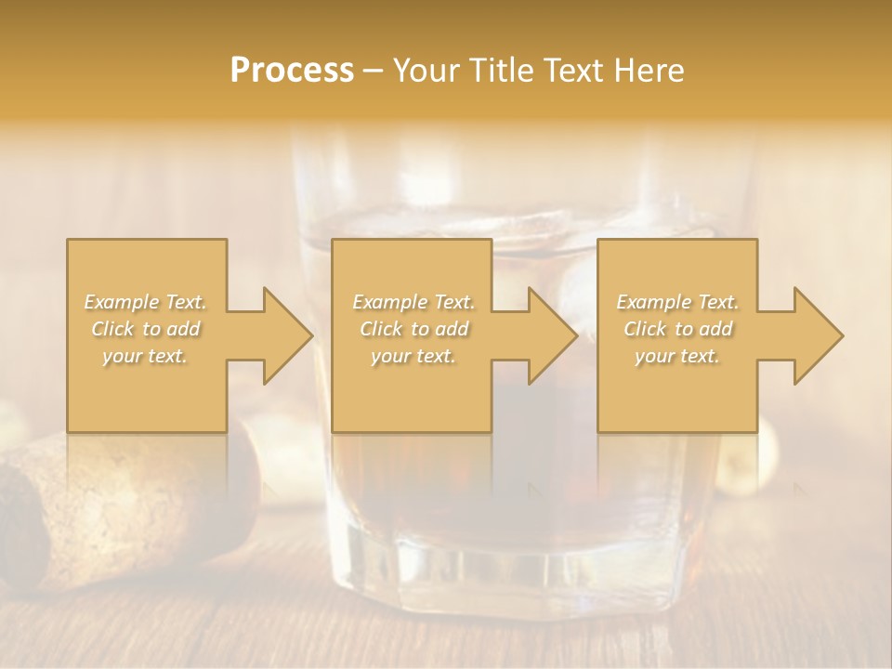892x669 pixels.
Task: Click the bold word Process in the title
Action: [x=292, y=71]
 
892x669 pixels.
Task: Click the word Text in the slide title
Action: [x=573, y=71]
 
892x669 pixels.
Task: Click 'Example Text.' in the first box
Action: [x=145, y=302]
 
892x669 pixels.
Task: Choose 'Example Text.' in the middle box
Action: [x=413, y=302]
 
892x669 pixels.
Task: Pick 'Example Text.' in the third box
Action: [x=677, y=302]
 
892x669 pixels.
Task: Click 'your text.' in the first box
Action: [x=145, y=356]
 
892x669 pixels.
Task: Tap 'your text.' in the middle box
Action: [x=413, y=356]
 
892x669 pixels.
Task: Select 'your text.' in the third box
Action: [x=677, y=356]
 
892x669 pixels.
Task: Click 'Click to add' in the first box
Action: [x=145, y=329]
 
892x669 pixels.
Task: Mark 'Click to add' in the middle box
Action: [x=413, y=329]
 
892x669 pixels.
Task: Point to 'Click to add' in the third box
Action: [x=677, y=329]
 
